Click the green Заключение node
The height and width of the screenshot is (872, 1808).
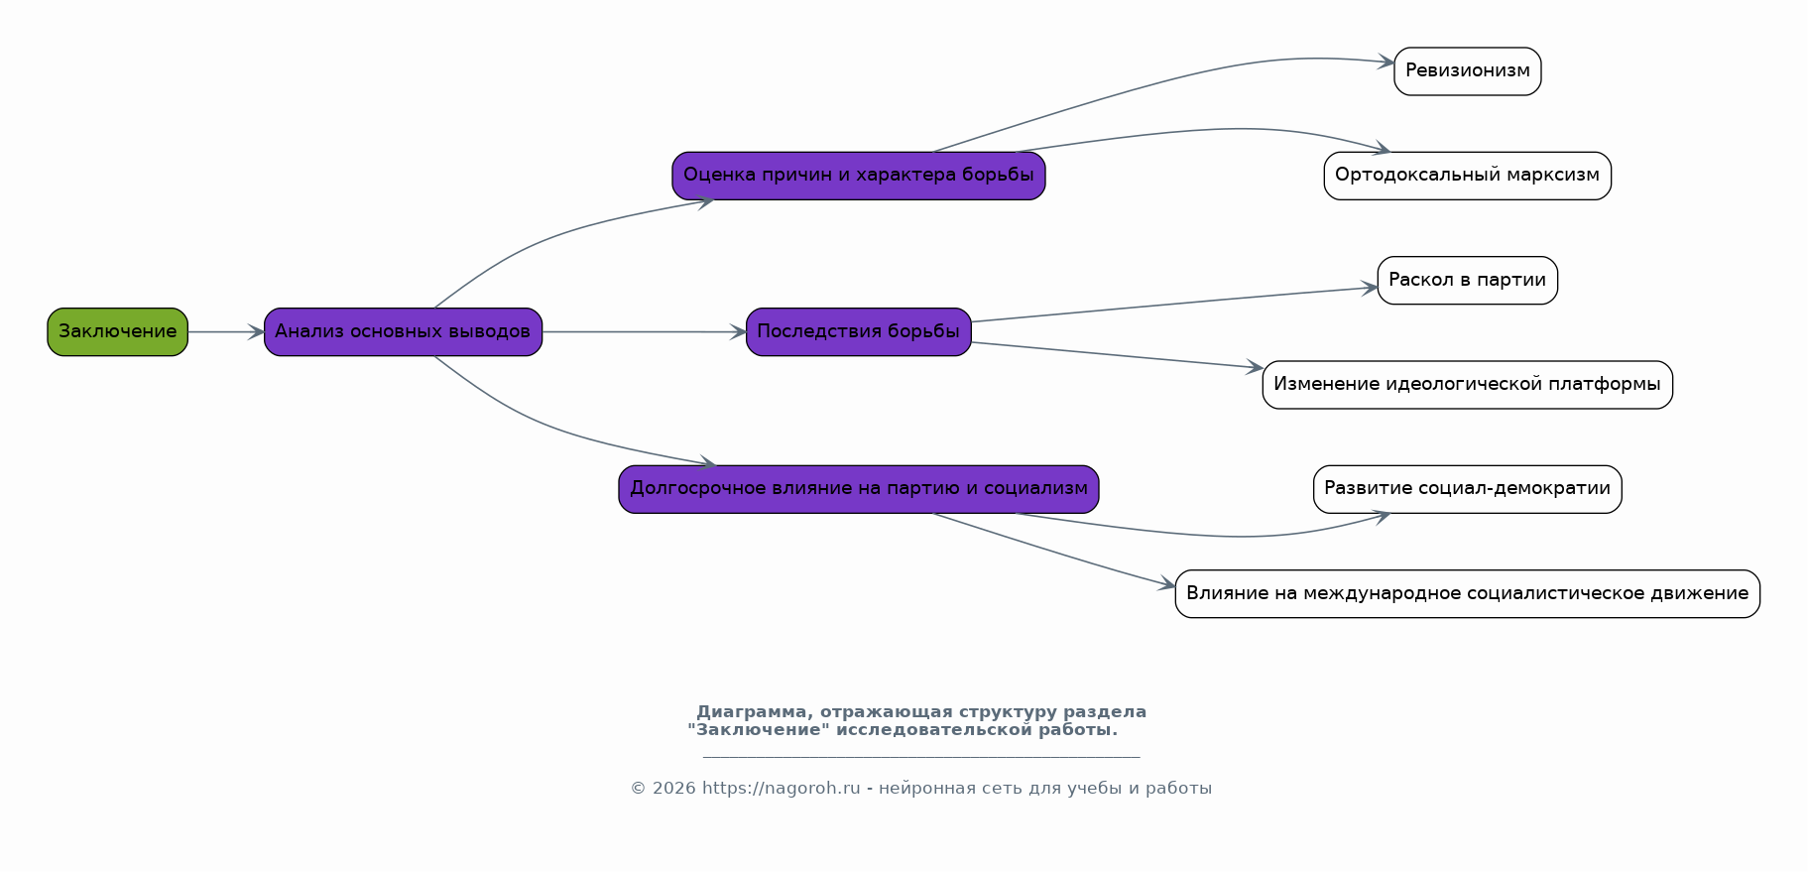coord(117,331)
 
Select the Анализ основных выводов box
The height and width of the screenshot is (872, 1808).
coord(403,331)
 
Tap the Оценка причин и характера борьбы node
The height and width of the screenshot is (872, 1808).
coord(859,176)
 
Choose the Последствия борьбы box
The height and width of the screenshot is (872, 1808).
coord(859,331)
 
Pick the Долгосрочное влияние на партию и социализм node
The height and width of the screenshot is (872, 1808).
coord(859,489)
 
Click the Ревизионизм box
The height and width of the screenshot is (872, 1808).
coord(1468,71)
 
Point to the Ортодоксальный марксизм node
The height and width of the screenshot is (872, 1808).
coord(1468,176)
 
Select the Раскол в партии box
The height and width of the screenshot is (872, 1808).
coord(1468,280)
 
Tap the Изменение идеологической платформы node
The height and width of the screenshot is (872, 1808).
coord(1468,385)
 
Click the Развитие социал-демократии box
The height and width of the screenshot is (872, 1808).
coord(1468,489)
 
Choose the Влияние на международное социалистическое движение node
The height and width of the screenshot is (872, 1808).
coord(1468,593)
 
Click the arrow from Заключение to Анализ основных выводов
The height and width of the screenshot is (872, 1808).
coord(226,332)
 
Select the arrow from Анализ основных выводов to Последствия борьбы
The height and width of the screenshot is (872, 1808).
coord(645,332)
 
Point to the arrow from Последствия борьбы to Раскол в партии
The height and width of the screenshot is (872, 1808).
coord(1175,304)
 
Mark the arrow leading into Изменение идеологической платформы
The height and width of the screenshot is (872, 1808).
coord(1118,355)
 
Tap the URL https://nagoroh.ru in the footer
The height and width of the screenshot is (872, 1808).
coord(781,789)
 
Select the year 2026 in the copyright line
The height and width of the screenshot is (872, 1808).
coord(673,789)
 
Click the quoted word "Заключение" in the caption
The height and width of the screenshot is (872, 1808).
coord(759,730)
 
